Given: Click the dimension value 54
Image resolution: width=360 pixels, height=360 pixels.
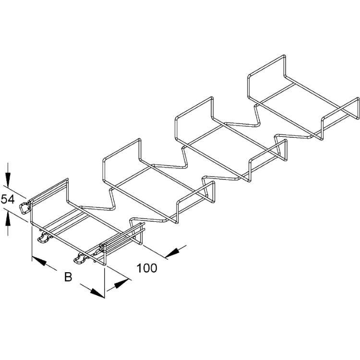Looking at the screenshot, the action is click(8, 199).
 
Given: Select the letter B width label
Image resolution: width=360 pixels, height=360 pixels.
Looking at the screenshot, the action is click(68, 276).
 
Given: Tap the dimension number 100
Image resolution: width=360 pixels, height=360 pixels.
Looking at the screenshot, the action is click(147, 268).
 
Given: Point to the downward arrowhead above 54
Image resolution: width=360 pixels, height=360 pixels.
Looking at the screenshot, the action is click(8, 180).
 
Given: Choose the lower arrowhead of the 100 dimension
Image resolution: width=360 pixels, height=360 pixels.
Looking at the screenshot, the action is click(121, 284).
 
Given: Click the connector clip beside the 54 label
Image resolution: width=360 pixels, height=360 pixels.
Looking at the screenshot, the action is click(24, 207).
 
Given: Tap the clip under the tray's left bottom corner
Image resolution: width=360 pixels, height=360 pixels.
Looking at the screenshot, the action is click(45, 237).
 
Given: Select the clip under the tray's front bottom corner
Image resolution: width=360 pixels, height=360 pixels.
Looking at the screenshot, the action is click(82, 258).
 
